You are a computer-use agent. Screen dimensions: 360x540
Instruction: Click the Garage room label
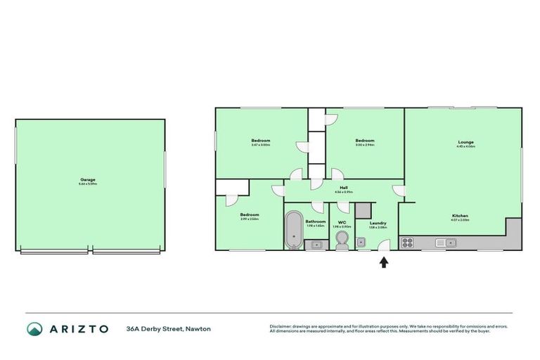[x=88, y=179]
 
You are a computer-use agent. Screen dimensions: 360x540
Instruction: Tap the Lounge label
[x=465, y=142]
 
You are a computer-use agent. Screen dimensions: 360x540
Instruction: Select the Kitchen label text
[x=461, y=215]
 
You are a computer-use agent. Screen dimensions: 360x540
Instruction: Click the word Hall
[x=344, y=187]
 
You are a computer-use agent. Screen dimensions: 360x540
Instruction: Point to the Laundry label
[x=378, y=223]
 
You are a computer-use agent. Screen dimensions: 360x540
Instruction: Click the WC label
[x=341, y=222]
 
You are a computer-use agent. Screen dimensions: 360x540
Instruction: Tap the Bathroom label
[x=315, y=221]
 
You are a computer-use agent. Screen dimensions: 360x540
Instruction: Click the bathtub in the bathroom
[x=293, y=230]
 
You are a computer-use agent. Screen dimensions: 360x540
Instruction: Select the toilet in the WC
[x=341, y=241]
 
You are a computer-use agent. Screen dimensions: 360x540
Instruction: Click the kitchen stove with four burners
[x=407, y=243]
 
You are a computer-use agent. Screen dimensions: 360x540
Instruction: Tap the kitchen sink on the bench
[x=445, y=243]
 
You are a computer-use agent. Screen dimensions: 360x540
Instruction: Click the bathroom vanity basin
[x=316, y=244]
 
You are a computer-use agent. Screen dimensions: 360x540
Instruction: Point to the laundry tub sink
[x=361, y=243]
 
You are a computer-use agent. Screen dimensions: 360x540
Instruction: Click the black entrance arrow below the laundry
[x=383, y=262]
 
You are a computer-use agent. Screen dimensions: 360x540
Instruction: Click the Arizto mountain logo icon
[x=34, y=329]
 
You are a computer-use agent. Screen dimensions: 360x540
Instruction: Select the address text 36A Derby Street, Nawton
[x=168, y=329]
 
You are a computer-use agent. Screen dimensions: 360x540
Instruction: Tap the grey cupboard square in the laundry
[x=363, y=210]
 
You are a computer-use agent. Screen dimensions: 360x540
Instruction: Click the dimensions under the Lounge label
[x=465, y=147]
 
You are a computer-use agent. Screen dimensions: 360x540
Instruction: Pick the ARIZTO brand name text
[x=79, y=329]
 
